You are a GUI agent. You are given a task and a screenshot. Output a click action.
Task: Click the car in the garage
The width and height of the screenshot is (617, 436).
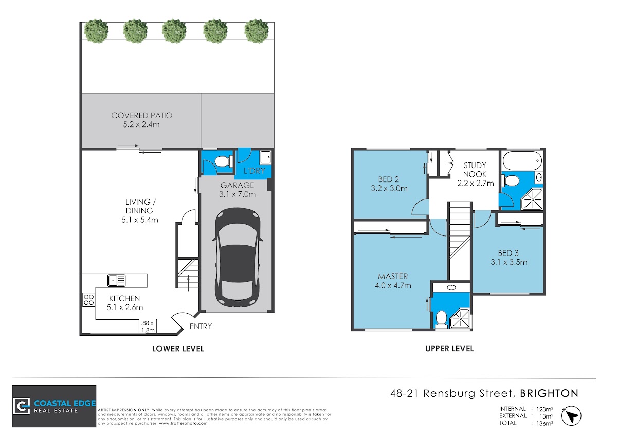237,257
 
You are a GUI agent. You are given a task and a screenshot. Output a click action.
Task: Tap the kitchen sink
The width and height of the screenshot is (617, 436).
117,281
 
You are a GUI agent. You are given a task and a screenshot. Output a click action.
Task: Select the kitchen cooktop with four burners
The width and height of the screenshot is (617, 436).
88,300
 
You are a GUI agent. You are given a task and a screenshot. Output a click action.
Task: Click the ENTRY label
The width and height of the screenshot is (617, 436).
201,326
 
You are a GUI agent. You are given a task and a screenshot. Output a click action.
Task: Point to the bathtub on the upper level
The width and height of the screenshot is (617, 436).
522,160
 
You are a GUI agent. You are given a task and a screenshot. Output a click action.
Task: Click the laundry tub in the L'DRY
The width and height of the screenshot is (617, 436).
265,157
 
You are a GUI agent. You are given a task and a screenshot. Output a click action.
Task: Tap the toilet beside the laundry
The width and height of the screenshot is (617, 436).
223,161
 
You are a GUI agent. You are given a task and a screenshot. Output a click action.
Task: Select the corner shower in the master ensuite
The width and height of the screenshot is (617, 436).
460,319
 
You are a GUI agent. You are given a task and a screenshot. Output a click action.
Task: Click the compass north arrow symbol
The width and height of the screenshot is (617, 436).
571,416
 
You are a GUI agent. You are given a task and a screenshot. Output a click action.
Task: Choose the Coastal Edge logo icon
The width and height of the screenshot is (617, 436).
22,406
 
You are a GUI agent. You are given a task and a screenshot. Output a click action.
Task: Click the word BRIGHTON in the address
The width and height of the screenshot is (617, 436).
549,393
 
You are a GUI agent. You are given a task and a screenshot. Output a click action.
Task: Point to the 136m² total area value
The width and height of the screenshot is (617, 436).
545,423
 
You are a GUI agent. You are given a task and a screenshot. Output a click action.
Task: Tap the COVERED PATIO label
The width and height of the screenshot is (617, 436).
141,115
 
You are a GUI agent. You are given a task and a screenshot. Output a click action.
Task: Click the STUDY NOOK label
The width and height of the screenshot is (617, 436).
475,170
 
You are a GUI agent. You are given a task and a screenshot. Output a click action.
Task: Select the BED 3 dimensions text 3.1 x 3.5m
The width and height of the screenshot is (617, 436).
509,262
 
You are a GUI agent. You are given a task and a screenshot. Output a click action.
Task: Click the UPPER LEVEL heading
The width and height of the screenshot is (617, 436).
449,349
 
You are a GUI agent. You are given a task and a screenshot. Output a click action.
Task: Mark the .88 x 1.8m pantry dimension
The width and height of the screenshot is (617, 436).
148,326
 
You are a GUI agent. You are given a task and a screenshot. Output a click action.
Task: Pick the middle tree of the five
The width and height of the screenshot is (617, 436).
174,30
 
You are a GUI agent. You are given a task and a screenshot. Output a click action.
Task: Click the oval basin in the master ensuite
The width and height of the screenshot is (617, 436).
451,288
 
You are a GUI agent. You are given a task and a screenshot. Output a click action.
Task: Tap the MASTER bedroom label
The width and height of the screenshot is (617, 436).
393,276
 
